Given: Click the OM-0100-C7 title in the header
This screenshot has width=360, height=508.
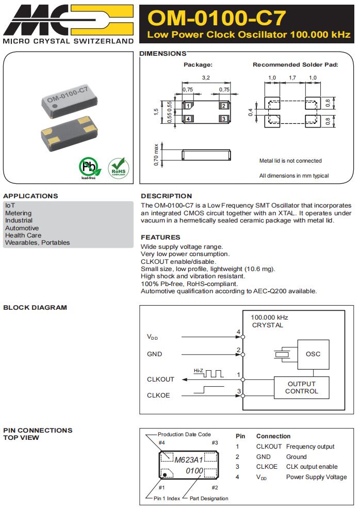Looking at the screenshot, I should (217, 18).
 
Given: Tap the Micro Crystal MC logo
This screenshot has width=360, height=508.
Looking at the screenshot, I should (67, 19).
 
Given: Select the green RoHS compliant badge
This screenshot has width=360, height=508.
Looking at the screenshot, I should (118, 167).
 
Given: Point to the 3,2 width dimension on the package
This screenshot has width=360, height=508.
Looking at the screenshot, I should (206, 77).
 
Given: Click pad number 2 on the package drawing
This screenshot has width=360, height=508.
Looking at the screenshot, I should (224, 106).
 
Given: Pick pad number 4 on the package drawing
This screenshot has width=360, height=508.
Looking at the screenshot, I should (189, 118).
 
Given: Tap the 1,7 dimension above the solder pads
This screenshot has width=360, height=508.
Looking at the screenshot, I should (292, 77).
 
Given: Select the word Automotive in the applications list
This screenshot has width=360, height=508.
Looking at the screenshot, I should (22, 228).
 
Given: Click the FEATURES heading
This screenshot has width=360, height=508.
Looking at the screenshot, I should (160, 237).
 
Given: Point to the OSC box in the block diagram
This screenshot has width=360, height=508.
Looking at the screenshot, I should (313, 354).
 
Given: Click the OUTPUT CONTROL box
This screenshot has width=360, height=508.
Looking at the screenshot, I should (302, 388).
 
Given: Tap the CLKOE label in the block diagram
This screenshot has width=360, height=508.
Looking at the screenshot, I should (158, 395).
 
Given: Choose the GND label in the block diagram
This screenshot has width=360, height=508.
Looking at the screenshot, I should (154, 354).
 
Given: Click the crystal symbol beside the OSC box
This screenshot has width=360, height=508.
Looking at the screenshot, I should (282, 354).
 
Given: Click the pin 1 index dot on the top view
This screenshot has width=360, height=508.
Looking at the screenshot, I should (165, 473).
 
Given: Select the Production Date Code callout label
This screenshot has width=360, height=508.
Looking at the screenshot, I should (184, 434).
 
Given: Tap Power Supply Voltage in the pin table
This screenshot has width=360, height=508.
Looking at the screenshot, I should (316, 477).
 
